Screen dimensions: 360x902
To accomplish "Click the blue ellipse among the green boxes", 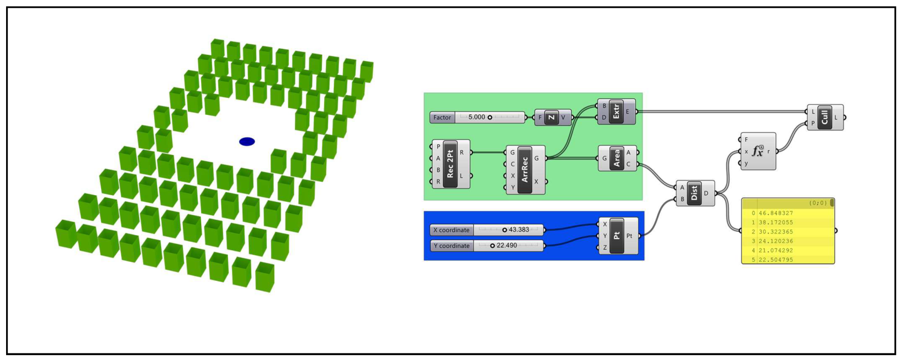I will (x=247, y=142).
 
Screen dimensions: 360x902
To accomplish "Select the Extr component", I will (x=616, y=112).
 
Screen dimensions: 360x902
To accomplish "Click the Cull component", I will (x=825, y=117).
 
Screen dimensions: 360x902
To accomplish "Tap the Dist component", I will (x=694, y=193).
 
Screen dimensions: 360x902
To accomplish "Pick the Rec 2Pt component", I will (x=450, y=164).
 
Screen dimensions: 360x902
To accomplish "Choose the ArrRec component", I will (x=525, y=170).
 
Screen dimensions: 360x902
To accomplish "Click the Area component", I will (x=617, y=158).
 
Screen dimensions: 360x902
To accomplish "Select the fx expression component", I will (x=758, y=151).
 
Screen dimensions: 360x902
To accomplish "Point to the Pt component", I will (x=617, y=236).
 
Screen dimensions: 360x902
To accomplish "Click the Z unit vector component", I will (x=551, y=117).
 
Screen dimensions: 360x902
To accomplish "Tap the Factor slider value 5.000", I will (x=477, y=117).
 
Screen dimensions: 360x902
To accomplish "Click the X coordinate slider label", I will (x=451, y=230).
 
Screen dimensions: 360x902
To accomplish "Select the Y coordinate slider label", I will (x=452, y=246).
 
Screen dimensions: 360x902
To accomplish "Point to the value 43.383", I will (x=519, y=230).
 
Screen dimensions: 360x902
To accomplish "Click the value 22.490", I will (x=507, y=245).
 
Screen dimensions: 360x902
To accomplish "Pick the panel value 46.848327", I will (x=776, y=213).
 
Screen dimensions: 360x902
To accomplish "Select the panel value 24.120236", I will (x=776, y=241).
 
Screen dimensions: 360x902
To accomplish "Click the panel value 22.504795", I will (x=776, y=260).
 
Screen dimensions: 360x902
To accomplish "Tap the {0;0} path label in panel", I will (x=818, y=203).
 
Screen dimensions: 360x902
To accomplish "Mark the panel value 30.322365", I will (x=776, y=232).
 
